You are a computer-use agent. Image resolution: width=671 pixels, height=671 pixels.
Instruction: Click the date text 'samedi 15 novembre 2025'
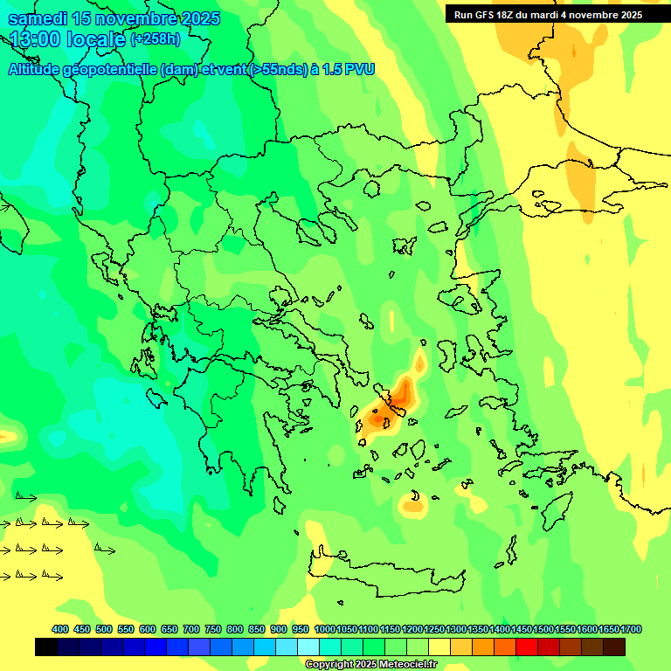coord(114,18)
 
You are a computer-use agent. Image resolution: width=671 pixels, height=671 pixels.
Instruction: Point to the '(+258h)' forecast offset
coord(156,39)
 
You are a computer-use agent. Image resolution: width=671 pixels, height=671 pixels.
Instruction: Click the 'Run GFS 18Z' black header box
coord(547,15)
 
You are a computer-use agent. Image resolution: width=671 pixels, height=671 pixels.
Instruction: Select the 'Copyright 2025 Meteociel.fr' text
coord(370,665)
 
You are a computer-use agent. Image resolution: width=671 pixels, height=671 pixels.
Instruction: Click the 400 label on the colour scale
coord(60,629)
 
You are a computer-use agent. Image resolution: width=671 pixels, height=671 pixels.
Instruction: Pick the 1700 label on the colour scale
coord(632,629)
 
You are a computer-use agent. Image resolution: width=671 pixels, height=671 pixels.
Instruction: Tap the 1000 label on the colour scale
coord(324,629)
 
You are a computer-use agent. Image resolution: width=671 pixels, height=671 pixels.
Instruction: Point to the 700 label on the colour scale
coord(191,629)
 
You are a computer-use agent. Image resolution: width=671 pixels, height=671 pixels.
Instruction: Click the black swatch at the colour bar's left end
coord(46,647)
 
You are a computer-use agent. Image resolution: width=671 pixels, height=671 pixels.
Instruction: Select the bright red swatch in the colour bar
coord(527,647)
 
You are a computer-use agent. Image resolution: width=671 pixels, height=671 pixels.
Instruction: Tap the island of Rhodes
coord(556,510)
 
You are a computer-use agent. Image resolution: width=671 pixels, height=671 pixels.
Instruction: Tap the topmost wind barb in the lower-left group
coord(26,497)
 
